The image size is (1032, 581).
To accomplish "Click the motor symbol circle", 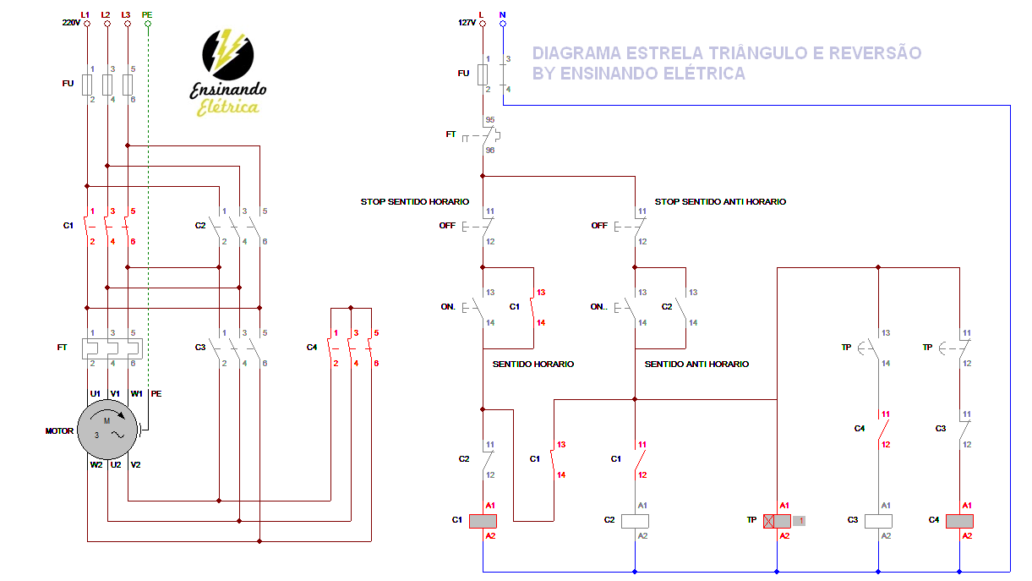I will coord(106,430).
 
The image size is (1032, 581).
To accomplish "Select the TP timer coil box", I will coord(777,521).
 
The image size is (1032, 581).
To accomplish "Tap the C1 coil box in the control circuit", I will coord(483,521).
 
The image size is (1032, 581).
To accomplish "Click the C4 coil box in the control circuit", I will coord(959,521).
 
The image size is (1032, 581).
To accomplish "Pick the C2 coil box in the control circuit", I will coord(635,521).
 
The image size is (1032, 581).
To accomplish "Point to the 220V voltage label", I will coord(71,23).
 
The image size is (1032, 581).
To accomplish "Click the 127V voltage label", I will coord(467,23).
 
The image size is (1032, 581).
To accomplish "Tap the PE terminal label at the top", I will coord(147,14).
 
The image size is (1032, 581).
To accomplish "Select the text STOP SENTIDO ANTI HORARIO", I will coord(720,202).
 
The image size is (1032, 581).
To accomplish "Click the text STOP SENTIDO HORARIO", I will coord(414,202).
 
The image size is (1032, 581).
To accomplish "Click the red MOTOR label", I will coord(59,431).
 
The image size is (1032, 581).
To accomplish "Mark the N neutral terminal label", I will coord(503,14).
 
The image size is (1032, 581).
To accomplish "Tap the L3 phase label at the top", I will coord(126,14).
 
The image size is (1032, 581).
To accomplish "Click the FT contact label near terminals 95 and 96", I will coord(450,134).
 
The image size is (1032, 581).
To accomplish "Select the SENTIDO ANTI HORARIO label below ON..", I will coord(696,364).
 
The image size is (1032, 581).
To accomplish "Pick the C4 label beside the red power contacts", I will coord(312,348).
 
